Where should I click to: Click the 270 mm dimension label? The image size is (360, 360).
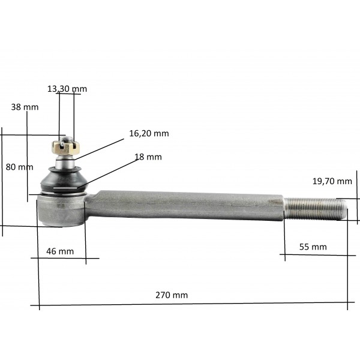[x=172, y=295]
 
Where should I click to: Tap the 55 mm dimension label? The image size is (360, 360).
[x=313, y=247]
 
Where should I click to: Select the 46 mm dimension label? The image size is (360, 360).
[x=60, y=251]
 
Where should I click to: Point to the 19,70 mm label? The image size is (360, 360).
[x=332, y=181]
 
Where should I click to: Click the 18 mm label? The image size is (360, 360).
[x=148, y=157]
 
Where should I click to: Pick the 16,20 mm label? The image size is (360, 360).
[x=149, y=133]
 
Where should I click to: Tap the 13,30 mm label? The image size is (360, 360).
[x=67, y=89]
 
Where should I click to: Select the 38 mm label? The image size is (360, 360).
[x=25, y=107]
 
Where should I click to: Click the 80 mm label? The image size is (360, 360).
[x=20, y=167]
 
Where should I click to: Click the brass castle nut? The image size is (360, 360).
[x=65, y=148]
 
